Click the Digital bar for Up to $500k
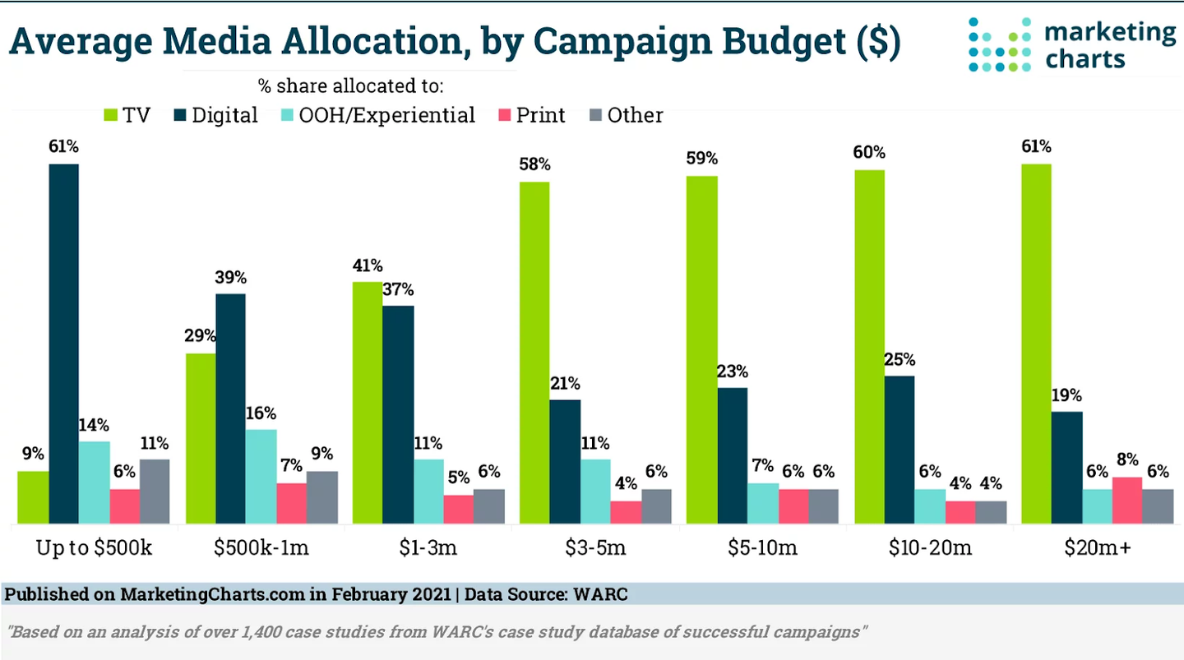[63, 344]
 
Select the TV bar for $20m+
[1036, 344]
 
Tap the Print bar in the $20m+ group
[1126, 500]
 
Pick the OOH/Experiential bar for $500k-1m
[261, 476]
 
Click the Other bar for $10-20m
[991, 512]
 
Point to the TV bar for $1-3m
[368, 403]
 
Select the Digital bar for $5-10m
[733, 455]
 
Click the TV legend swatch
[109, 115]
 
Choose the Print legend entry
[540, 115]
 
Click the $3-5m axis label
[595, 548]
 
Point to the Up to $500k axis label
[94, 548]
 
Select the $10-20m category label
[930, 548]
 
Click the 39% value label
[231, 277]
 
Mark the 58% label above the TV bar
[534, 164]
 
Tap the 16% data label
[261, 413]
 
